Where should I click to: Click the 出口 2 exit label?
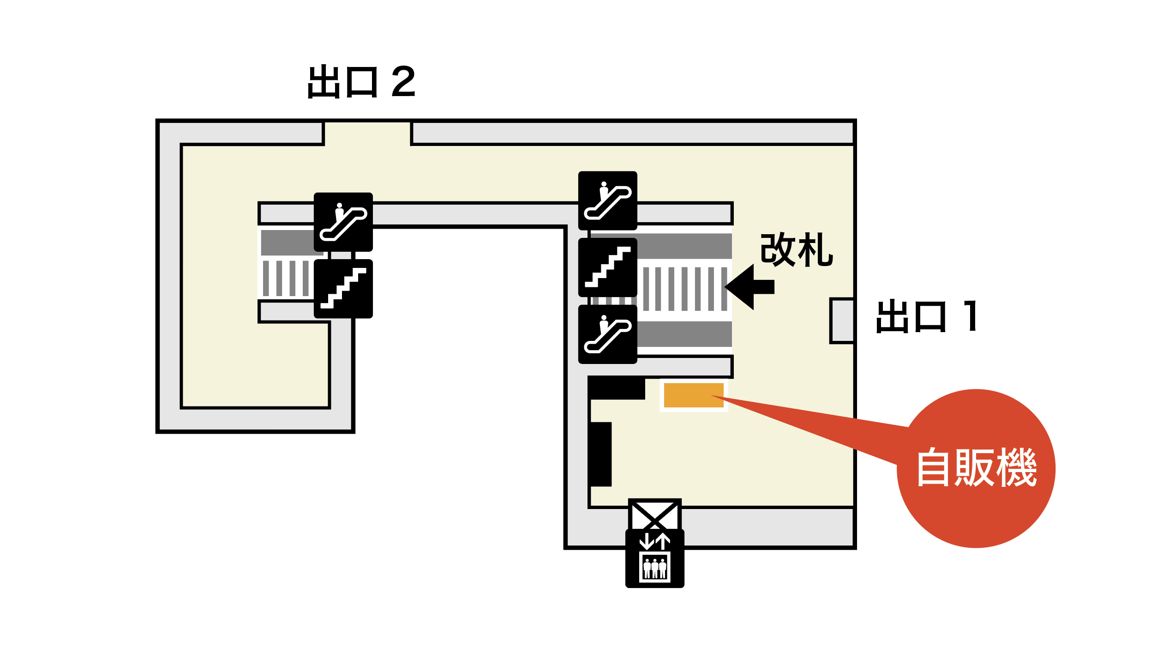(361, 81)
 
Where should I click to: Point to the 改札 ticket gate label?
(796, 249)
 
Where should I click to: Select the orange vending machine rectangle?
(693, 395)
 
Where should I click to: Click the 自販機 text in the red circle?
(977, 467)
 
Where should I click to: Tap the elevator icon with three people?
(654, 559)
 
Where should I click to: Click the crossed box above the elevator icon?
(654, 516)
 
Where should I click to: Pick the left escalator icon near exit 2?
(343, 222)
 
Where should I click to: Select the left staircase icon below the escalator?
(343, 289)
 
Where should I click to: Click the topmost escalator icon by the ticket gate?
(607, 201)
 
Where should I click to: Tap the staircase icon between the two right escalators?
(607, 267)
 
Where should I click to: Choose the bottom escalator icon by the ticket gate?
(607, 334)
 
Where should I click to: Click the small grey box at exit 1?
(842, 321)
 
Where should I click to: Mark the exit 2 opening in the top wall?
(367, 133)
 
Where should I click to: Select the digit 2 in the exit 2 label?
(403, 81)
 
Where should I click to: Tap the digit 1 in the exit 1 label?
(971, 316)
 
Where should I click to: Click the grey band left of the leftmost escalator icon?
(287, 243)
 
